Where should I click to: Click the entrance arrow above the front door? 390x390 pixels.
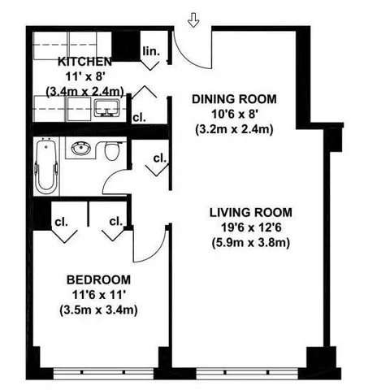(x=193, y=18)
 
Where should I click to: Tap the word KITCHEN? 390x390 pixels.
(x=84, y=62)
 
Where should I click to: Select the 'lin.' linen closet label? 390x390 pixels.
(x=152, y=50)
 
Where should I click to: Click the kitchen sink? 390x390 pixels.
(x=106, y=108)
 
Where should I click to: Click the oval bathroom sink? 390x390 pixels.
(x=80, y=149)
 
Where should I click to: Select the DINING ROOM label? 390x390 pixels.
(x=234, y=99)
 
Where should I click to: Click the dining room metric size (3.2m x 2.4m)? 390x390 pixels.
(x=234, y=128)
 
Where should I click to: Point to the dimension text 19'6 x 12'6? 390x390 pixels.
(x=245, y=227)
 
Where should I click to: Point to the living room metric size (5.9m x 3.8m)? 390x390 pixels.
(x=245, y=242)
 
